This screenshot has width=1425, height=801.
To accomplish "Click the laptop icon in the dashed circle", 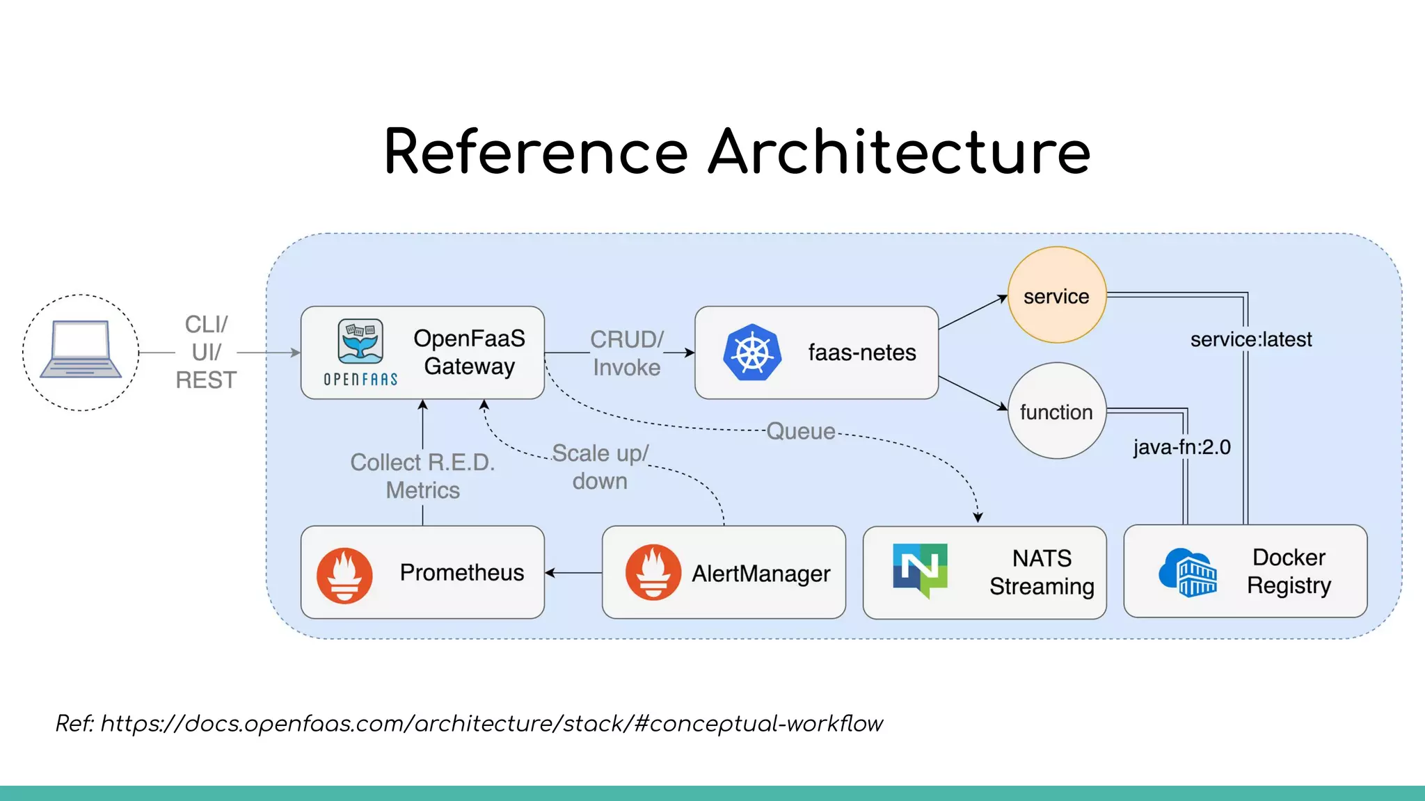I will click(x=81, y=350).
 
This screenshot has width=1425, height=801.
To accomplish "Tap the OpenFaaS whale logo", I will click(x=360, y=342).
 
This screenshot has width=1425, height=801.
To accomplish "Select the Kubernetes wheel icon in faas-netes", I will click(x=751, y=353).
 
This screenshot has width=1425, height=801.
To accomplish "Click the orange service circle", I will click(x=1056, y=296).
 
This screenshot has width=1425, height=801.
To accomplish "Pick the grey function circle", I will click(x=1056, y=412).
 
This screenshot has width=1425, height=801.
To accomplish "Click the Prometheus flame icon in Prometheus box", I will click(x=344, y=574).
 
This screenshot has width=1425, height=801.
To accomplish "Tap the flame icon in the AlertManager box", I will click(x=653, y=572).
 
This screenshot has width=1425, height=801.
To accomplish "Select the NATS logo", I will click(x=920, y=569).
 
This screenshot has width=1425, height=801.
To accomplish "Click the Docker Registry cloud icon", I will click(x=1188, y=572).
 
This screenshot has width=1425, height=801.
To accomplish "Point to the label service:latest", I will click(x=1250, y=339).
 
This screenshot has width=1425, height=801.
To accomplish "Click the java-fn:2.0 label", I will click(x=1181, y=447).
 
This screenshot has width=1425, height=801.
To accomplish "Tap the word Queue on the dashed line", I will click(x=800, y=431).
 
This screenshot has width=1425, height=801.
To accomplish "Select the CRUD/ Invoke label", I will click(x=626, y=353).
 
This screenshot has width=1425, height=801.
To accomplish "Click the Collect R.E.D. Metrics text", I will click(x=422, y=476).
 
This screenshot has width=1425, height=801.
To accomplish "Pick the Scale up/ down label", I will click(x=600, y=467).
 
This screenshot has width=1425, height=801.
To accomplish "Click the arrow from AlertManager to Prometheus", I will click(x=573, y=573).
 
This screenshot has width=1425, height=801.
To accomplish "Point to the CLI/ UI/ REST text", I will click(x=206, y=352).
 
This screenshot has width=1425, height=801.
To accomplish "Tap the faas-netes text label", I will click(x=861, y=353).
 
